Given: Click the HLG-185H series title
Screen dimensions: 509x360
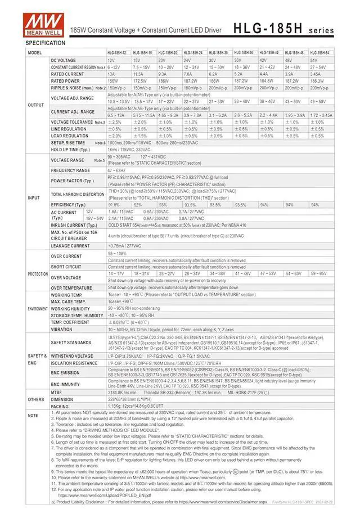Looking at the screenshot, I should (283, 29).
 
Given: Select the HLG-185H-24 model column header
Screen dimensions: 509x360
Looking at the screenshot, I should (193, 52).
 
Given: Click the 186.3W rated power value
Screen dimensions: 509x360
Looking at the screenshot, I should (318, 80).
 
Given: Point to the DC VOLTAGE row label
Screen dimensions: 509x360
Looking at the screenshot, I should (63, 60).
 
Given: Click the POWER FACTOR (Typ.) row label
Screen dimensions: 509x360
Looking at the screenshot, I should (73, 181).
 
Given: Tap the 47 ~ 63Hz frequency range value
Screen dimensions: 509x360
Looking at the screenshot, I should (117, 170).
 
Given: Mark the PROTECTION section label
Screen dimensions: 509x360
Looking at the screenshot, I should (38, 273).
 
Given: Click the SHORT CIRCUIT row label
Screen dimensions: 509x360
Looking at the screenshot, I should (66, 267).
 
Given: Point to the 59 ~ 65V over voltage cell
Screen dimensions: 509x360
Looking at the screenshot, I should (319, 273).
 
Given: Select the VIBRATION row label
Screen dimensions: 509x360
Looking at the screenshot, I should (61, 329).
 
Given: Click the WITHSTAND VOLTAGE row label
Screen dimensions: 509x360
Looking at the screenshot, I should (72, 356).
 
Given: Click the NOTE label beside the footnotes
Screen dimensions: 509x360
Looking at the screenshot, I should (33, 415).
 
